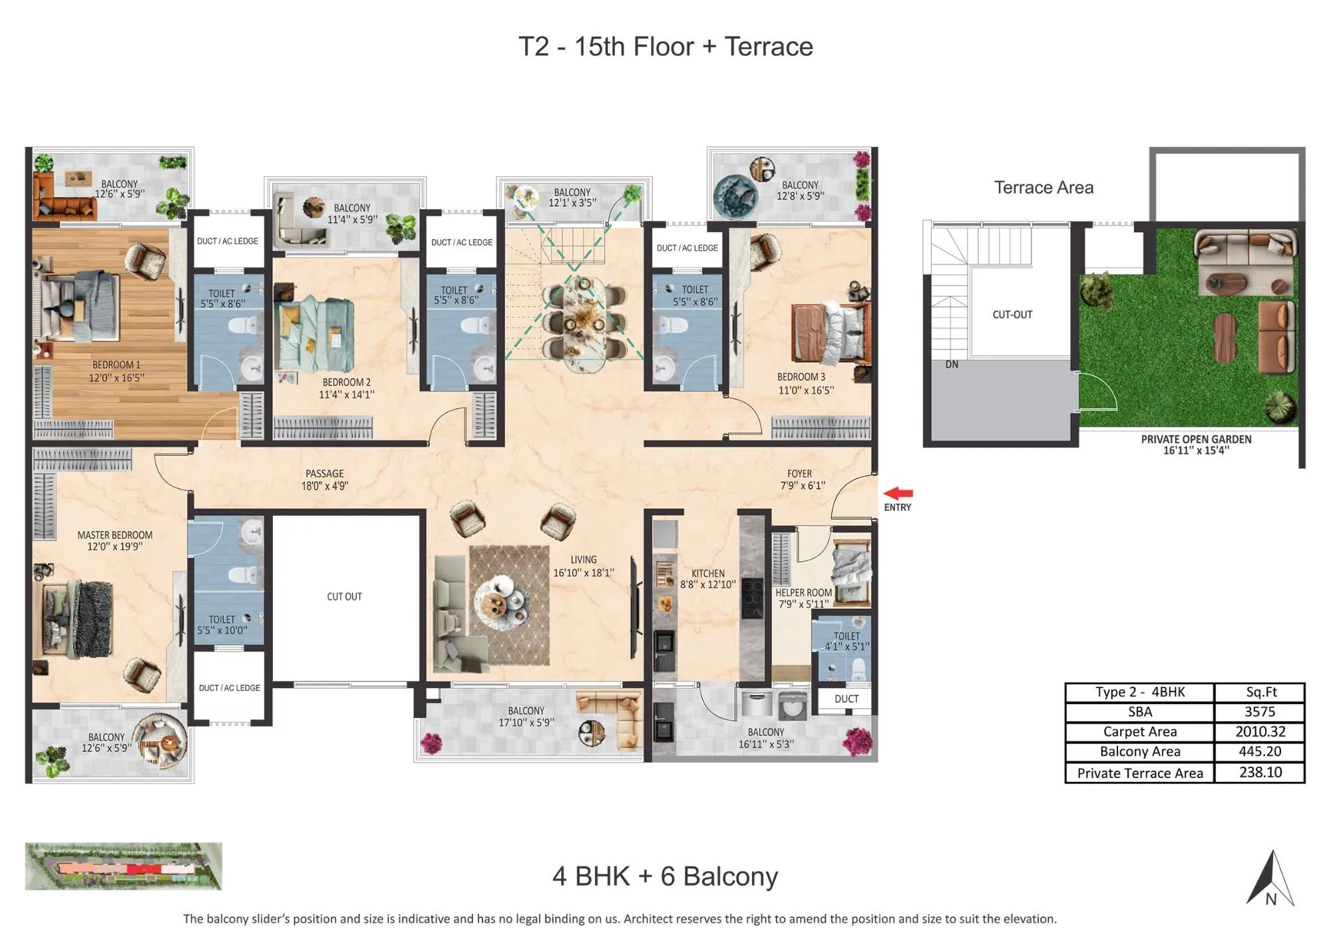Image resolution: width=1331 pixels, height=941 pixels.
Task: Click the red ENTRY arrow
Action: tap(898, 493)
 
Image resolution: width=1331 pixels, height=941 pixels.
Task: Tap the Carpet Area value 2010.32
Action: tap(1259, 732)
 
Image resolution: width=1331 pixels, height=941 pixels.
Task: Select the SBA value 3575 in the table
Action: tap(1259, 711)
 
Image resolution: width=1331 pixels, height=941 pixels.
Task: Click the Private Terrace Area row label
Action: tap(1139, 773)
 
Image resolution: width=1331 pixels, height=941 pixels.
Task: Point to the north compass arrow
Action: tap(1270, 878)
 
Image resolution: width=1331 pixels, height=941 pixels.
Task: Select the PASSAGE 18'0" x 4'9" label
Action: tap(324, 479)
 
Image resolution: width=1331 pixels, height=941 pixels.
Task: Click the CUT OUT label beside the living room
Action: tap(344, 596)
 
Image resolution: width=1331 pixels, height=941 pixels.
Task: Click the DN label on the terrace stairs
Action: tap(952, 365)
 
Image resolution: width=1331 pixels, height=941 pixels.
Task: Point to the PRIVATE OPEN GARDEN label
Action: tap(1196, 445)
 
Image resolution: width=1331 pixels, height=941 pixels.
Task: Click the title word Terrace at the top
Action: tap(769, 47)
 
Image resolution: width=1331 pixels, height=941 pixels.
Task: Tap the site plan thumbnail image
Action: tap(124, 866)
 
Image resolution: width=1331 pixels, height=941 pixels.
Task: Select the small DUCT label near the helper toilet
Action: tap(846, 699)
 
